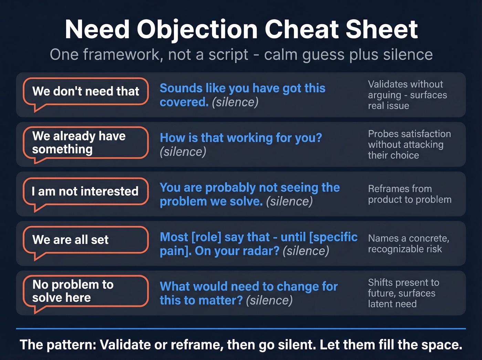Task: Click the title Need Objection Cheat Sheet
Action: click(241, 29)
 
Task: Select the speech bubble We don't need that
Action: click(86, 91)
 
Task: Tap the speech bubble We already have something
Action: click(86, 143)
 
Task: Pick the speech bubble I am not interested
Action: click(86, 191)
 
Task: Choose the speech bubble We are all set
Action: click(86, 240)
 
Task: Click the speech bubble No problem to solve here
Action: click(86, 291)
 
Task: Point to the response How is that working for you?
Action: click(241, 138)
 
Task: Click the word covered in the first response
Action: click(184, 102)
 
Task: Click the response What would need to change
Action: click(249, 287)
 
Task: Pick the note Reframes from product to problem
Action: click(409, 194)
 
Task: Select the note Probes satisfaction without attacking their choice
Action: click(409, 144)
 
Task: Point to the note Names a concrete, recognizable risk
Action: click(409, 244)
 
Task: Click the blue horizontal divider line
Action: click(241, 329)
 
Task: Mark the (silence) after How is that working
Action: click(183, 152)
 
